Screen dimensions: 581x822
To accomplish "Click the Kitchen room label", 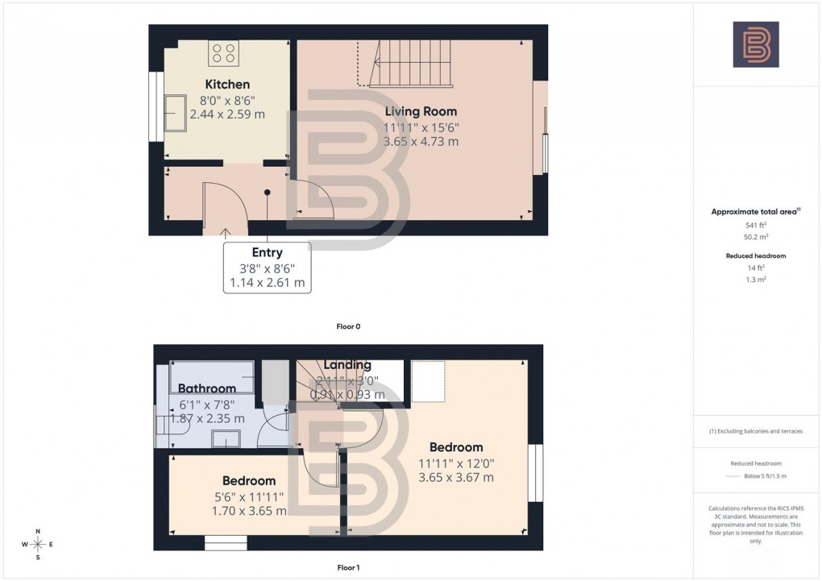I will [x=227, y=84].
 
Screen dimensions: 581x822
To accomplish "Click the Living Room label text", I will [x=421, y=111].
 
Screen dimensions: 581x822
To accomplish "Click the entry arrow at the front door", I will [x=225, y=233].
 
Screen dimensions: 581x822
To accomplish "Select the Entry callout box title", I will [x=267, y=252].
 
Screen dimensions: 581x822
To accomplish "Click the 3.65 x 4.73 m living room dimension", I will [x=421, y=142].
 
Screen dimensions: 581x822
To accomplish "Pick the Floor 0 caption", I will [x=348, y=326].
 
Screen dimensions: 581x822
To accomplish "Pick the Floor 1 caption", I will [x=348, y=567].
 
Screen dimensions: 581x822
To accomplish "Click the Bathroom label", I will [x=207, y=388].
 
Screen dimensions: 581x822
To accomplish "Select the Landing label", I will [x=347, y=365].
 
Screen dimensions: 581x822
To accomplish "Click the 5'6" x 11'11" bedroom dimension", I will [x=249, y=496].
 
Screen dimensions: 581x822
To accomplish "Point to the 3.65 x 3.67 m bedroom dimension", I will [x=456, y=477].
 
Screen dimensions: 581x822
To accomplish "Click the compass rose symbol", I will [x=37, y=545].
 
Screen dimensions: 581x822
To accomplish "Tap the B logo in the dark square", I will [x=755, y=44].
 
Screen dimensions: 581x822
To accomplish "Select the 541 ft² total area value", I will [x=754, y=225].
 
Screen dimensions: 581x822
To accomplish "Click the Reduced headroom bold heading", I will [x=754, y=255].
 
